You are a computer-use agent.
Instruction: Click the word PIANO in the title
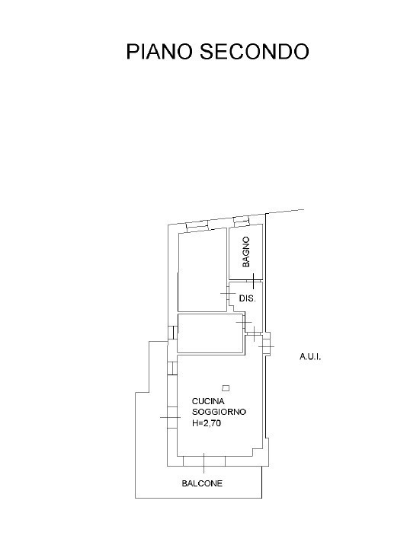coord(159,52)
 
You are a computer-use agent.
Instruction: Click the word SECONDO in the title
coord(254,52)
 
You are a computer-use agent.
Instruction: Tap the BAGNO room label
coord(246,252)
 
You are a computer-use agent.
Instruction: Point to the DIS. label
coord(247,298)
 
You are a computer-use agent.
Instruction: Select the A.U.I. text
coord(310,357)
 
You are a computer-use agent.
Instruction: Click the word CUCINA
coord(208,401)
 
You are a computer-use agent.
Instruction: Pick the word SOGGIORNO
coord(219,413)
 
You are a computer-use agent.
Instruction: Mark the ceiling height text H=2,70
coord(207,423)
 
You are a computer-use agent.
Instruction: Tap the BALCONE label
coord(202,483)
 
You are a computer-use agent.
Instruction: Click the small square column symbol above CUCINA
coord(226,388)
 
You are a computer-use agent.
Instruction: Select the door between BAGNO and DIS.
coord(254,280)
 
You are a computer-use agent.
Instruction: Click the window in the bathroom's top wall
coord(241,221)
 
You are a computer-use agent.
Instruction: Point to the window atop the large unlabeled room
coord(197,225)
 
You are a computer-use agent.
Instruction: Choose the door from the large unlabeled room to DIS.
coord(228,294)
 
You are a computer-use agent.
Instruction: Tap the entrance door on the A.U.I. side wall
coord(267,343)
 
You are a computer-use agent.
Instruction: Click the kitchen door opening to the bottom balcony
coord(204,461)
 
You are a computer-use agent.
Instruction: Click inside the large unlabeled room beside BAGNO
coord(202,271)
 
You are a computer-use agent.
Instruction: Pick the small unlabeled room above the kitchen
coord(210,333)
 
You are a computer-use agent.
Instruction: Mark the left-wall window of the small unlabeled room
coord(172,333)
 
